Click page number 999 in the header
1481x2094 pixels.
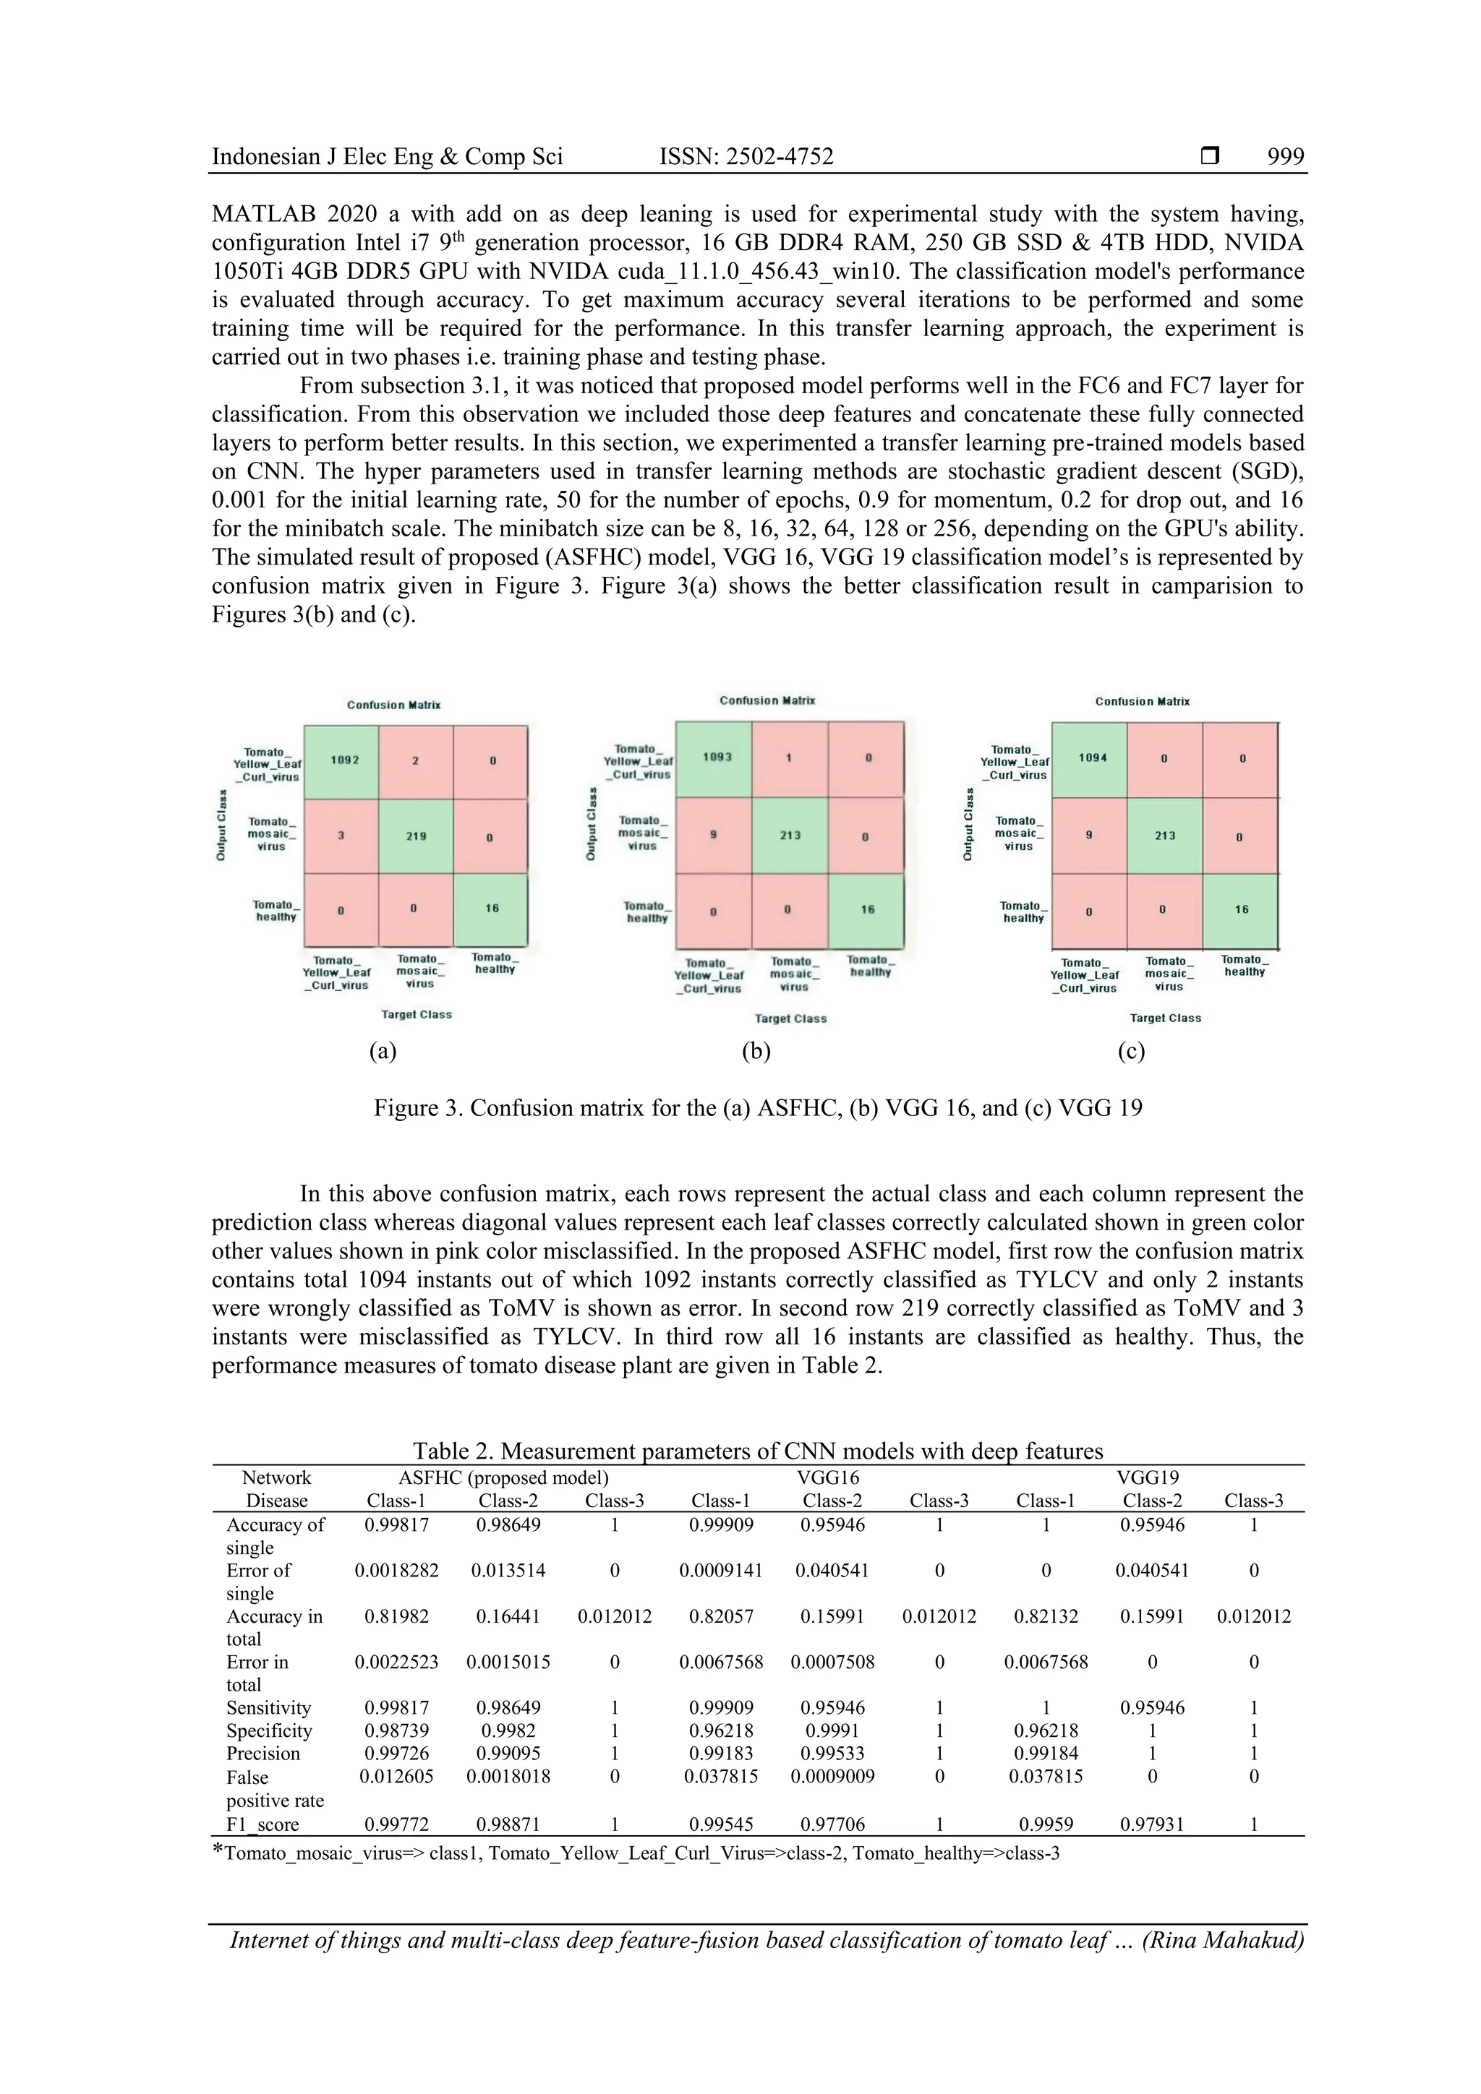pyautogui.click(x=1285, y=157)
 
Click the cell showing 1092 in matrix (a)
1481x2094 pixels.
pyautogui.click(x=344, y=760)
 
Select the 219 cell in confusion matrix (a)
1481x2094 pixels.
pyautogui.click(x=416, y=836)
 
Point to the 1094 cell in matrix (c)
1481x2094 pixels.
pyautogui.click(x=1092, y=758)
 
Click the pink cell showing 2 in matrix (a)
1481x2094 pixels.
pyautogui.click(x=415, y=760)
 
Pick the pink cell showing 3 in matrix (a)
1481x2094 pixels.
pyautogui.click(x=341, y=836)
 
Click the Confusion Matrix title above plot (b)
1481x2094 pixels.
pyautogui.click(x=767, y=700)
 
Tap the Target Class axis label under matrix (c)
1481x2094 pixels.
pyautogui.click(x=1165, y=1018)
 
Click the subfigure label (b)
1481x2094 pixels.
pyautogui.click(x=756, y=1052)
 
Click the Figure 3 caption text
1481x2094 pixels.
pyautogui.click(x=757, y=1108)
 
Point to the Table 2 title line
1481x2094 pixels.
pyautogui.click(x=757, y=1450)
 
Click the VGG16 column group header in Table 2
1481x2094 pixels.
pyautogui.click(x=828, y=1477)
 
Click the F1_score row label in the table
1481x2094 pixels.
pyautogui.click(x=263, y=1825)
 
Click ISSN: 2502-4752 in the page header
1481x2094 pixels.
pyautogui.click(x=746, y=157)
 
